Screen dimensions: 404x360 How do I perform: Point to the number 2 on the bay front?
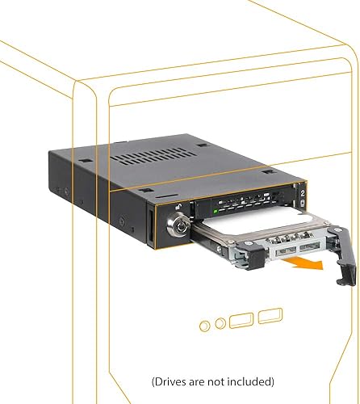[301, 195]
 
